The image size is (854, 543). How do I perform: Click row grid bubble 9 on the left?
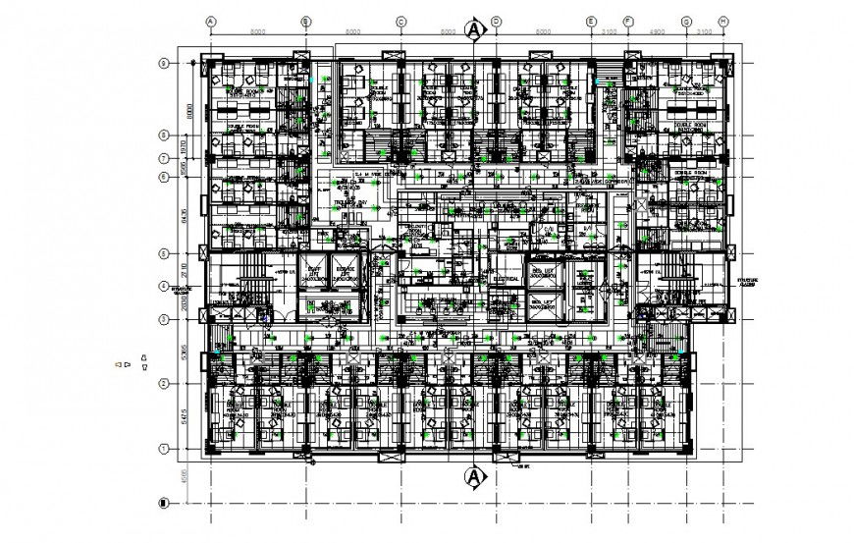point(164,64)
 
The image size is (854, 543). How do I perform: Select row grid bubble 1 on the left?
point(164,449)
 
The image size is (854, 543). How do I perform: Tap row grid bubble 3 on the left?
point(164,319)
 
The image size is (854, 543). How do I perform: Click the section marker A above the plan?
point(475,31)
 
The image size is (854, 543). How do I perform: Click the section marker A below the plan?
point(475,477)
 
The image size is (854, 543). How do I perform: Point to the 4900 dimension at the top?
point(657,31)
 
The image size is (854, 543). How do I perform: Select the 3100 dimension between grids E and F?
point(609,31)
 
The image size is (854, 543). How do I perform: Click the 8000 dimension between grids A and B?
point(258,31)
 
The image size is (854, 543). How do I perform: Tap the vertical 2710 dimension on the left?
point(183,268)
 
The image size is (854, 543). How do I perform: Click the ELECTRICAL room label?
point(506,279)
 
